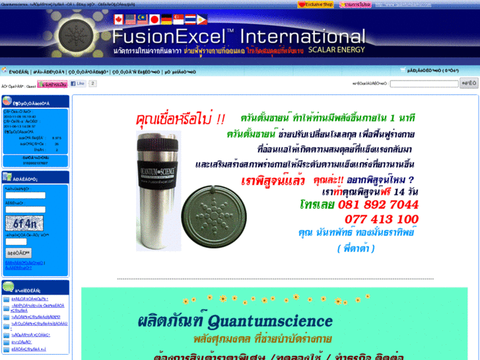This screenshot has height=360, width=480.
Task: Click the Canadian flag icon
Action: (x=119, y=19)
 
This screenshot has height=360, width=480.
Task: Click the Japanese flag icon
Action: (x=154, y=19)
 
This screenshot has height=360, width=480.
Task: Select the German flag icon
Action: (x=166, y=19)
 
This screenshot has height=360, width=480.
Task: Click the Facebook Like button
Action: (x=77, y=84)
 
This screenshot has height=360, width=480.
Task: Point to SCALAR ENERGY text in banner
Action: (x=336, y=50)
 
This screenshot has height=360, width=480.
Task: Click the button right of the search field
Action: (x=469, y=84)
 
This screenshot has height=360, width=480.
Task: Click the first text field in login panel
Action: (x=25, y=195)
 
